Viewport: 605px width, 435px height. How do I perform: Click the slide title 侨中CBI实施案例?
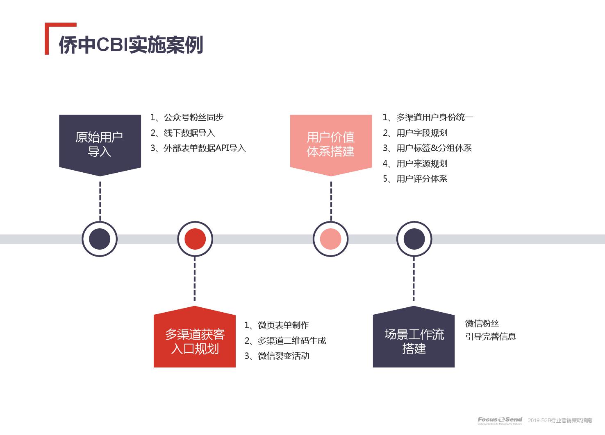pyautogui.click(x=131, y=45)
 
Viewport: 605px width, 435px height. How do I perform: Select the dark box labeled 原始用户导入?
pyautogui.click(x=100, y=144)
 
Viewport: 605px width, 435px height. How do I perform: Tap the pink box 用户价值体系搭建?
pyautogui.click(x=331, y=144)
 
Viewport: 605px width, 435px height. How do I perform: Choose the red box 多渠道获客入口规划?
pyautogui.click(x=195, y=341)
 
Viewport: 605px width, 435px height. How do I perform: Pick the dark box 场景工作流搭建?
pyautogui.click(x=414, y=341)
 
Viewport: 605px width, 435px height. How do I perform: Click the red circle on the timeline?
pyautogui.click(x=195, y=239)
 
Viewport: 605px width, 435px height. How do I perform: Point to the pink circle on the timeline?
pyautogui.click(x=330, y=239)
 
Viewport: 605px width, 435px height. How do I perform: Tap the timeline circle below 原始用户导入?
pyautogui.click(x=100, y=239)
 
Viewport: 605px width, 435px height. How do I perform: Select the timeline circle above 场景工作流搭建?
pyautogui.click(x=414, y=239)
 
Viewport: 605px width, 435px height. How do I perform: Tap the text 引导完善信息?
pyautogui.click(x=490, y=336)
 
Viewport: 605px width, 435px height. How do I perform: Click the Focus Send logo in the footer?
pyautogui.click(x=500, y=420)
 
